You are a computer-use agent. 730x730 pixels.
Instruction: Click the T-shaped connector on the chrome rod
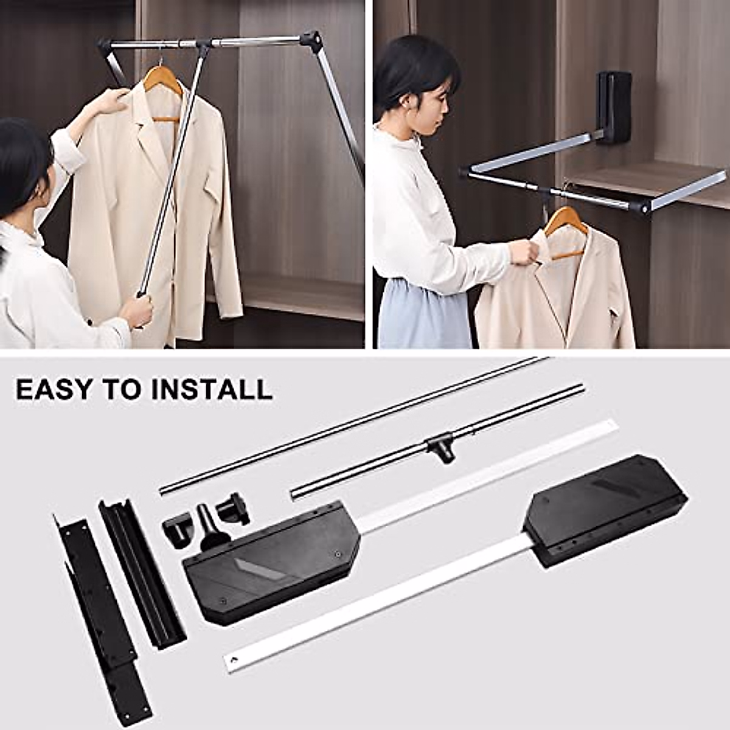[440, 447]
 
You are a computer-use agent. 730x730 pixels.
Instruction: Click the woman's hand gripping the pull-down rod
[137, 310]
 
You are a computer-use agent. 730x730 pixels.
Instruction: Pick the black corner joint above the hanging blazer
[311, 41]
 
